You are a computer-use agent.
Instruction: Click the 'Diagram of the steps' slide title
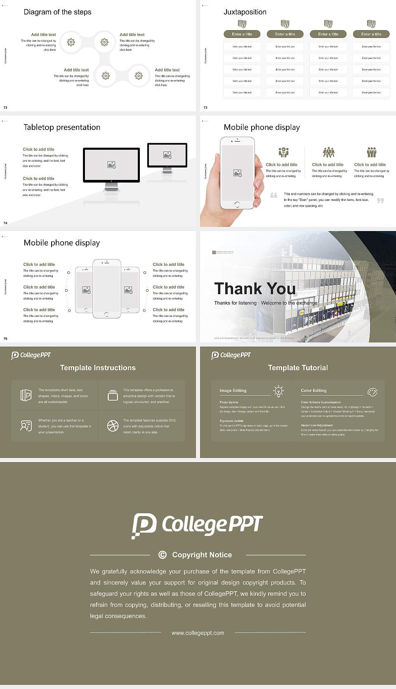pos(57,12)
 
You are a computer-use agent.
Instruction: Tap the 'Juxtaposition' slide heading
pos(245,12)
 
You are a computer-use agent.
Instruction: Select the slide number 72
pos(5,108)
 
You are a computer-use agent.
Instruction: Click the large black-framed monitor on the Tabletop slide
pos(111,165)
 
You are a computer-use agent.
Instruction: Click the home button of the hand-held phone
pos(237,204)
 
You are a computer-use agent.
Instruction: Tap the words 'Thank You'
pos(255,289)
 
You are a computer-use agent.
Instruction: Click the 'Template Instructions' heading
pos(98,368)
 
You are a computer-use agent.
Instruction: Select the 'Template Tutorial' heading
pos(298,368)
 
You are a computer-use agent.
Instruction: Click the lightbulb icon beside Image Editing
pos(278,391)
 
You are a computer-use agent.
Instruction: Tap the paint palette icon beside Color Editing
pos(372,392)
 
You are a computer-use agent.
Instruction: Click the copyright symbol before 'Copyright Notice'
pos(163,555)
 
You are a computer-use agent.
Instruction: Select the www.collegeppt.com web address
pos(198,633)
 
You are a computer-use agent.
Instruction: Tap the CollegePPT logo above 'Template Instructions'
pos(31,355)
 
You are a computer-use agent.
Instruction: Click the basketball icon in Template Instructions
pos(113,426)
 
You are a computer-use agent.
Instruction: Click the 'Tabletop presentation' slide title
pos(62,127)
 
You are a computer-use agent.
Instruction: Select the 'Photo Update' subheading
pos(229,402)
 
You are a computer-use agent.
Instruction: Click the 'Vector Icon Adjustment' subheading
pos(317,425)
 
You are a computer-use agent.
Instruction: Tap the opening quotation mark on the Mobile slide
pos(274,195)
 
